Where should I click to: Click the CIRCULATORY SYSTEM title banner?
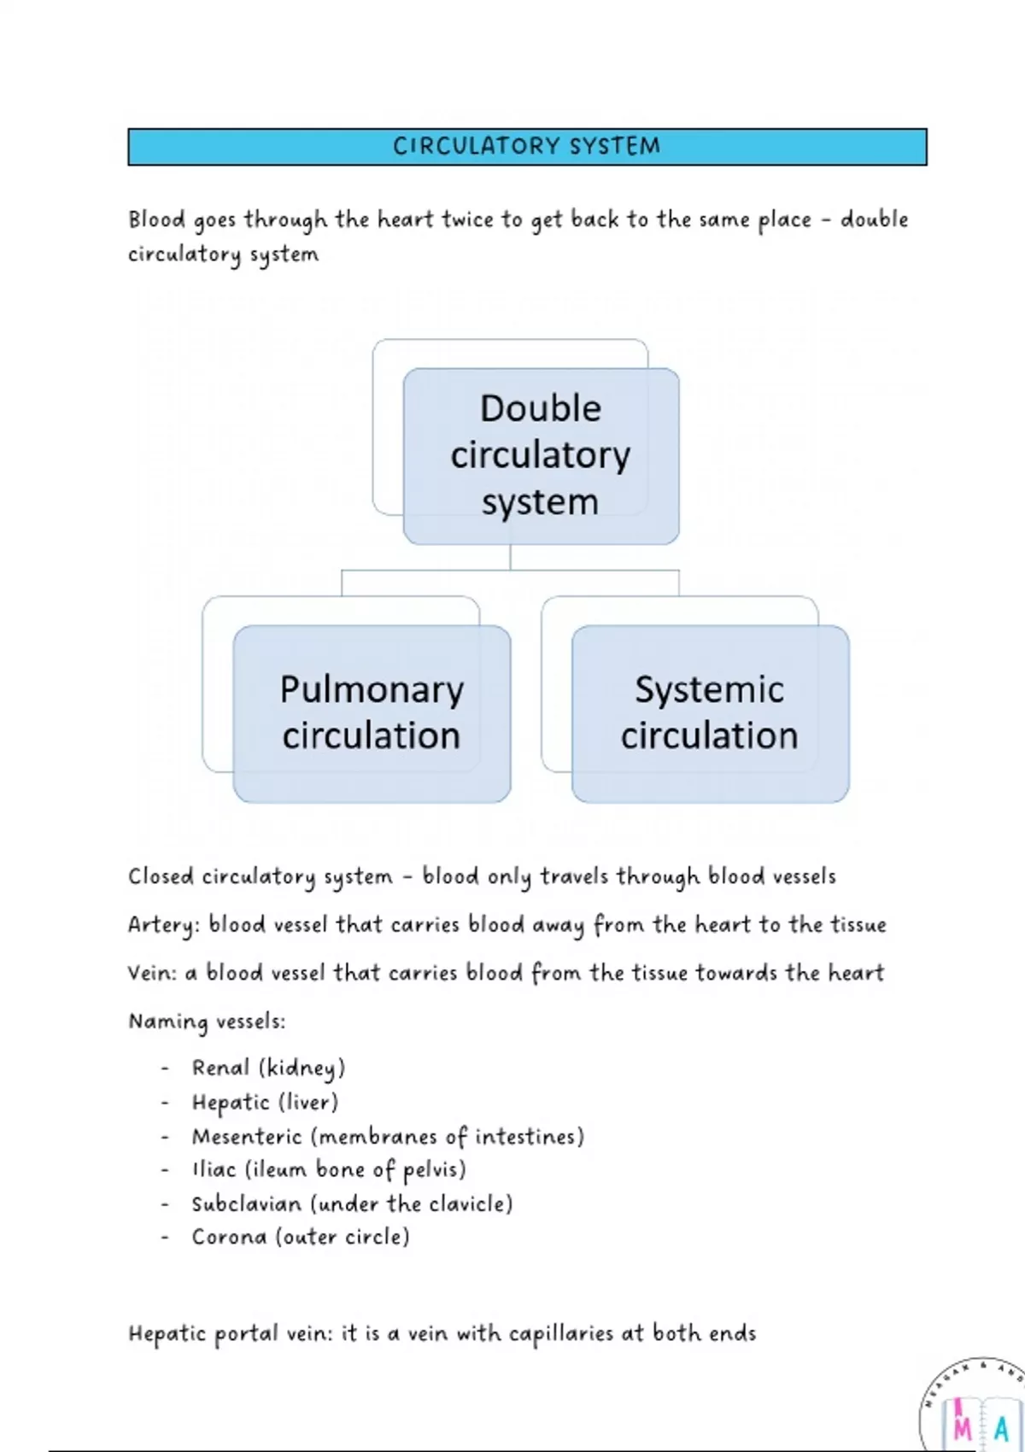coord(527,147)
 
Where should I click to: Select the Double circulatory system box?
coord(541,455)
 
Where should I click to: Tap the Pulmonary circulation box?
coord(372,713)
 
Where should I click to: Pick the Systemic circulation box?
coord(710,713)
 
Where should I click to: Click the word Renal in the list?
coord(220,1068)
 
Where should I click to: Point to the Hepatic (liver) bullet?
coord(265,1103)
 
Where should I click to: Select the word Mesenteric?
coord(247,1137)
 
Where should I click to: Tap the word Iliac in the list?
coord(214,1170)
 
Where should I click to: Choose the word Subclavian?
coord(247,1204)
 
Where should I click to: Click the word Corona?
coord(229,1238)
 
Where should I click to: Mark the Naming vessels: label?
coord(207,1022)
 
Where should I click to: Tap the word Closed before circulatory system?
coord(161,877)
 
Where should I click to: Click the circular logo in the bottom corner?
coord(974,1418)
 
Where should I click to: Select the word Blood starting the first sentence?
coord(156,220)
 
